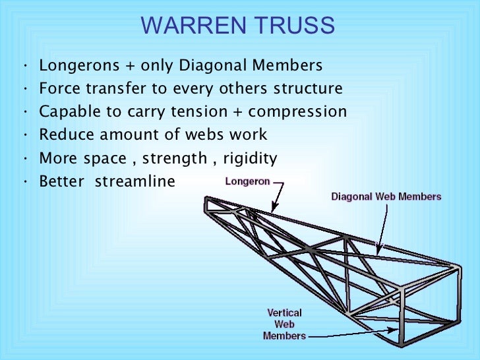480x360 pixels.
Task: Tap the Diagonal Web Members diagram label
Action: [x=386, y=196]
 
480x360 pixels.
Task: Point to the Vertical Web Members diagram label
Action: [x=284, y=324]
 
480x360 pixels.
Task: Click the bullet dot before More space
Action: [x=24, y=158]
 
